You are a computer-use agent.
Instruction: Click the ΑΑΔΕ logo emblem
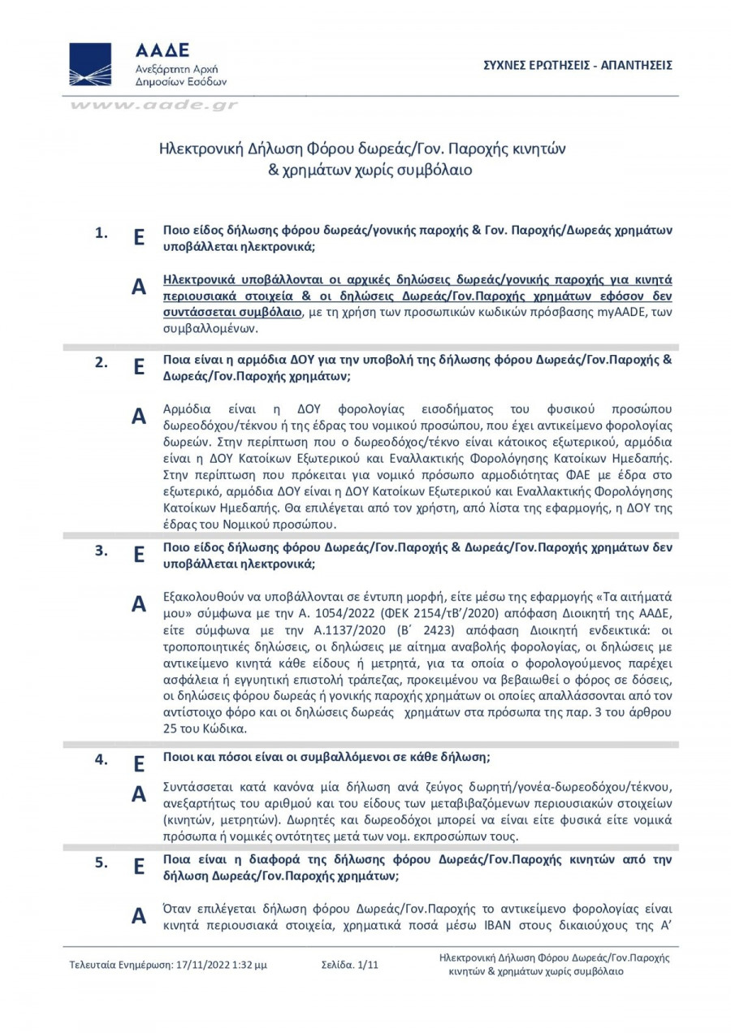(x=90, y=64)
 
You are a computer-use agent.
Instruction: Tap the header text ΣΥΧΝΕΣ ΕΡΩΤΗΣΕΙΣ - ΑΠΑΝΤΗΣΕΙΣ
(x=577, y=65)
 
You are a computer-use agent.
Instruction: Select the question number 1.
(x=101, y=234)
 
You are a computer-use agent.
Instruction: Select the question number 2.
(x=101, y=363)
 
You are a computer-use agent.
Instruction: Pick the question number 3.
(x=101, y=550)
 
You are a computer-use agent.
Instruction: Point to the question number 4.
(x=101, y=760)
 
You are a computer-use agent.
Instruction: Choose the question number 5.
(x=101, y=863)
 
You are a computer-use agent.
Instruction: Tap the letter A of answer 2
(x=139, y=417)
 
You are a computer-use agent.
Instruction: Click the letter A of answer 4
(x=139, y=795)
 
